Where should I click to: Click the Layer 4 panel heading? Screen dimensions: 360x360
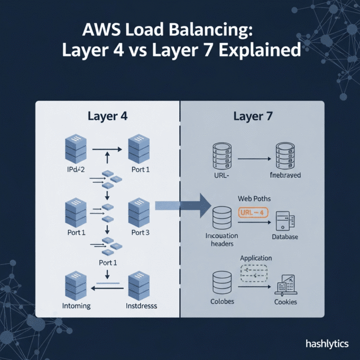pyautogui.click(x=107, y=115)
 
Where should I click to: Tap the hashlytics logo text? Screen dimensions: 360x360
pyautogui.click(x=327, y=344)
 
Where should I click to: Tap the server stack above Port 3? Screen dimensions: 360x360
pyautogui.click(x=139, y=213)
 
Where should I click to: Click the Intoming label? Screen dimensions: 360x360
pyautogui.click(x=76, y=306)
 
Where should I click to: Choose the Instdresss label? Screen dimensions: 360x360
pyautogui.click(x=142, y=306)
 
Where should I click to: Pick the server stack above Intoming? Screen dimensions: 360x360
pyautogui.click(x=75, y=285)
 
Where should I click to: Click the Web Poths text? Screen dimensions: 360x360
pyautogui.click(x=255, y=198)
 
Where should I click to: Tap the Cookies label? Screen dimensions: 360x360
pyautogui.click(x=285, y=302)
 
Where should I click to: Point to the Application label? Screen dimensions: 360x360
pyautogui.click(x=256, y=258)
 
